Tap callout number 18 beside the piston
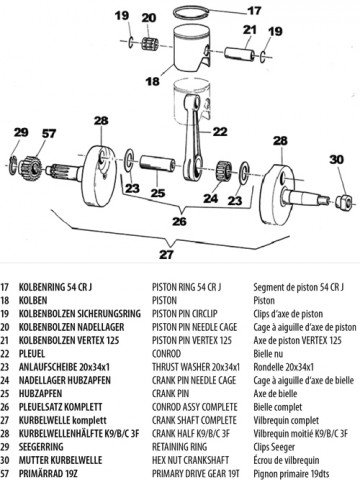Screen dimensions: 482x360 coord(153,80)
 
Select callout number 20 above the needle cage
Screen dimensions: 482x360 coord(149,18)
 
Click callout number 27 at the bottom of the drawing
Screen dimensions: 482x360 coord(166,254)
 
